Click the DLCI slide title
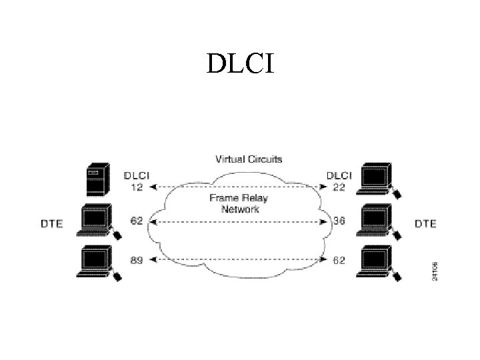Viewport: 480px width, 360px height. (239, 64)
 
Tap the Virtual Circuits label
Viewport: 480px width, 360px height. (248, 159)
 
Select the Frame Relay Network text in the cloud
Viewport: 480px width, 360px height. (239, 203)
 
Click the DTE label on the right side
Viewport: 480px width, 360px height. (425, 224)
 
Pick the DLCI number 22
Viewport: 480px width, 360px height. (339, 188)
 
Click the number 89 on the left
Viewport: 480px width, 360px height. (136, 260)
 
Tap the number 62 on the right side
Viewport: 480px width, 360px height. (339, 260)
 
